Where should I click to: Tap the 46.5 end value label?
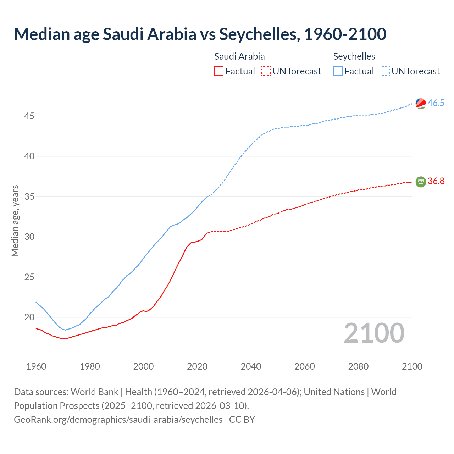coord(436,103)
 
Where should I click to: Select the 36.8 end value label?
coord(436,181)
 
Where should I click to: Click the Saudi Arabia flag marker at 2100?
coord(421,182)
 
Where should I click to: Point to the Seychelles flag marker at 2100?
coord(421,103)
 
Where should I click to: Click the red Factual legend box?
coord(219,71)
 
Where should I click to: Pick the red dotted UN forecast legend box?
coord(266,71)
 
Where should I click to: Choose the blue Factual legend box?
coord(338,71)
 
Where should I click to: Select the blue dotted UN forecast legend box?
coord(385,71)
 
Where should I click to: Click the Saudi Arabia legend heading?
coord(239,56)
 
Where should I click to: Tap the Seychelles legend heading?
coord(354,56)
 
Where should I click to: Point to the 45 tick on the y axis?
coord(29,116)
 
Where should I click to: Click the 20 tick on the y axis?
coord(29,317)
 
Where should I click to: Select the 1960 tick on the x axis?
coord(36,366)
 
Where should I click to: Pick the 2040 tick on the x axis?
coord(251,366)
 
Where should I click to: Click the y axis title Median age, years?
coord(15,221)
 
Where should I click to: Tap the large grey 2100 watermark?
coord(374,333)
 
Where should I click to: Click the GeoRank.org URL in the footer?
coord(118,420)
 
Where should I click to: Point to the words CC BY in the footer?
coord(242,420)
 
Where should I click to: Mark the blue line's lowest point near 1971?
coord(65,330)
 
